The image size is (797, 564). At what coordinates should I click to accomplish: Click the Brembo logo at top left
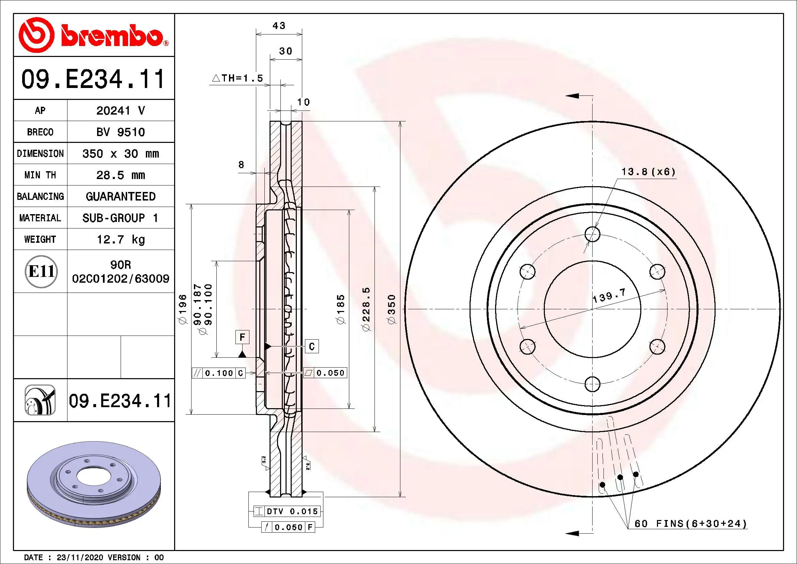point(93,35)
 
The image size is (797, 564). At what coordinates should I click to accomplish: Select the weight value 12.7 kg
point(120,239)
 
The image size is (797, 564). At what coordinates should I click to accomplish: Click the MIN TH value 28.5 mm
point(120,175)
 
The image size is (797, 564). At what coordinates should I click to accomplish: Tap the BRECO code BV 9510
point(120,132)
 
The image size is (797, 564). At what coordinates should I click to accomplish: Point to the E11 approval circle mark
point(41,271)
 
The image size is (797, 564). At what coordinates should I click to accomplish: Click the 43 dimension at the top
point(279,26)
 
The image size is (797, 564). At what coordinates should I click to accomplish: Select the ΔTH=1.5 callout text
point(238,78)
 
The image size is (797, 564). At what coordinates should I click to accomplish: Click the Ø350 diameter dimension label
point(392,309)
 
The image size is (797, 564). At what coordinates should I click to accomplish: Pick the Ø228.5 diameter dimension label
point(366,309)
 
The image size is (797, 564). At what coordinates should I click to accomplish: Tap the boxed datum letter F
point(242,337)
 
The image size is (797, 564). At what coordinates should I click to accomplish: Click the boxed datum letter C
point(311,346)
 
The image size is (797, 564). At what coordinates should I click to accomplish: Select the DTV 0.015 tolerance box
point(287,511)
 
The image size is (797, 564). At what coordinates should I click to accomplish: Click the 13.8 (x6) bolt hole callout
point(648,172)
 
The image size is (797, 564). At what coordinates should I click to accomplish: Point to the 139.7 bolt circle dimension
point(609,296)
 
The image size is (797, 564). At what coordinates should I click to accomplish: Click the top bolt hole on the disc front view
point(592,234)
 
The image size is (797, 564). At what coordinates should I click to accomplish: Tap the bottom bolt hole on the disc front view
point(592,384)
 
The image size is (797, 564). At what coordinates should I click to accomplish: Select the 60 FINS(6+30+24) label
point(690,523)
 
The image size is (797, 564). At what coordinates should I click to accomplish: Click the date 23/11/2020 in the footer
point(80,558)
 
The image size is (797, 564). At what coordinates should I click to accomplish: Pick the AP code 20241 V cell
point(120,110)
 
